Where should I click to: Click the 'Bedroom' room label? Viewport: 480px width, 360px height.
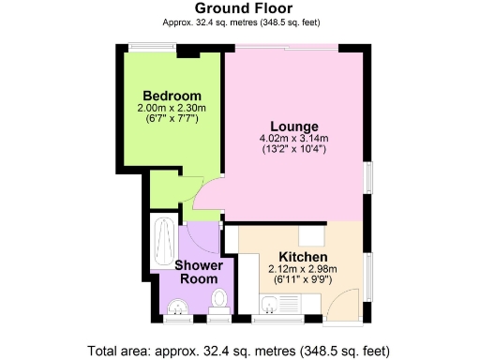(x=172, y=96)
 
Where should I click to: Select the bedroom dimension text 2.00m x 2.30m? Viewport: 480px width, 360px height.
(x=172, y=109)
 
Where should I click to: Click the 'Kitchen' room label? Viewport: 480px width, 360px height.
(x=303, y=257)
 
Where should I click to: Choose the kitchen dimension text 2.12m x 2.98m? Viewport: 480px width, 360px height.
(x=303, y=269)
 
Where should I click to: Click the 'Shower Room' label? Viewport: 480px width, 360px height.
(x=198, y=272)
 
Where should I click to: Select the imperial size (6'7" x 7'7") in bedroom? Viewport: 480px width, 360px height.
(x=172, y=119)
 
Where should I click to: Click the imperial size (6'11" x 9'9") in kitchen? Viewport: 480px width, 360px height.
(x=303, y=279)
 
